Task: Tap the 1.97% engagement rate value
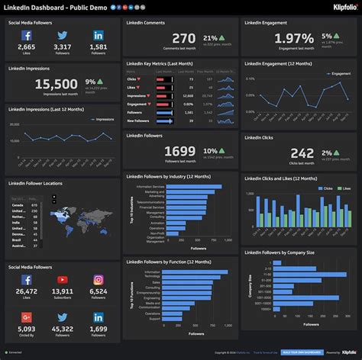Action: tap(273, 38)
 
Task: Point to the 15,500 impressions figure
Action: tap(57, 85)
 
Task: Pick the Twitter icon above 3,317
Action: tap(63, 36)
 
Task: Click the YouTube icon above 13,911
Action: tap(63, 280)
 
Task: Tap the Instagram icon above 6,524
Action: tap(99, 280)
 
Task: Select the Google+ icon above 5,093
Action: tap(27, 317)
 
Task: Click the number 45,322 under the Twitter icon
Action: tap(63, 329)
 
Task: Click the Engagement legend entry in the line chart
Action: tap(336, 74)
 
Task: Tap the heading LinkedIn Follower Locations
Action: tap(36, 183)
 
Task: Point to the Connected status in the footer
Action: tap(15, 352)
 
